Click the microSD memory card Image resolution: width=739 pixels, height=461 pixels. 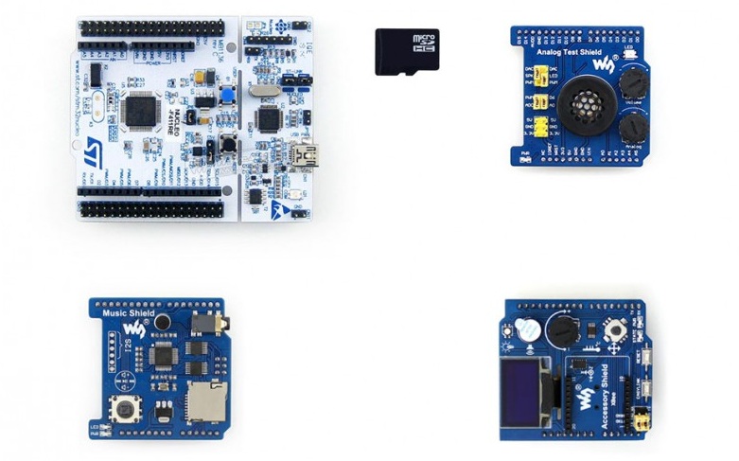coord(407,51)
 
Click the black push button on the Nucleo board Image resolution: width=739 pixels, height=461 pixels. coord(228,145)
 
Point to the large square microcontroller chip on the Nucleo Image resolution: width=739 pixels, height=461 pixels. coord(141,109)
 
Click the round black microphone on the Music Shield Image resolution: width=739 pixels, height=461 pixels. coord(163,324)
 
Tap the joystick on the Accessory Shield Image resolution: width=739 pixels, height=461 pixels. coord(616,330)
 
